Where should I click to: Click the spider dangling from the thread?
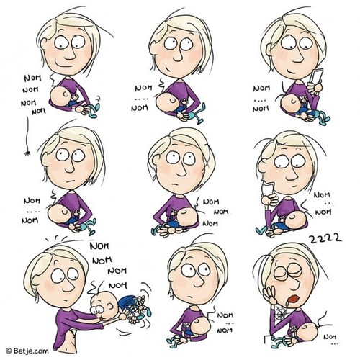(x=27, y=153)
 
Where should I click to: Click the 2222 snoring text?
(x=325, y=238)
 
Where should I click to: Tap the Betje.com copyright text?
(x=27, y=351)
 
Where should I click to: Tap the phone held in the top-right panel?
(x=316, y=76)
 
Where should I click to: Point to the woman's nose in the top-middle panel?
(x=178, y=56)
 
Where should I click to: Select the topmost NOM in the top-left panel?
(x=33, y=78)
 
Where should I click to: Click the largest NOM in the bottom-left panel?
(x=99, y=246)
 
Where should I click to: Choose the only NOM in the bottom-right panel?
(x=330, y=337)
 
